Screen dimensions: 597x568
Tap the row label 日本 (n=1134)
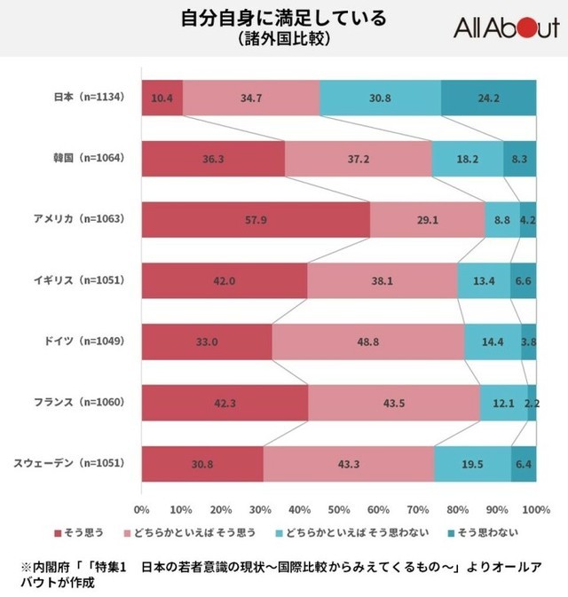tap(87, 97)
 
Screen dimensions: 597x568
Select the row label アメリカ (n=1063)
tap(81, 218)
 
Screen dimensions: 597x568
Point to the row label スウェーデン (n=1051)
tap(71, 463)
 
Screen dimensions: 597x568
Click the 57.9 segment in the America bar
tap(256, 219)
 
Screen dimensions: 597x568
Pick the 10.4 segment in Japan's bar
tap(162, 98)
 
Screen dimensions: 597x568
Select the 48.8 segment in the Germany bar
tap(368, 342)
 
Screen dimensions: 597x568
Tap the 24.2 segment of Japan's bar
tap(489, 98)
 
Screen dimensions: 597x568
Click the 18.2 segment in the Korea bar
tap(467, 158)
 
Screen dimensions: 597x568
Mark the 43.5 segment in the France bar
tap(394, 403)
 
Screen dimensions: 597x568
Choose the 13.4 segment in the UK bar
tap(484, 280)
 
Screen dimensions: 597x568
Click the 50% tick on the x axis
tap(338, 510)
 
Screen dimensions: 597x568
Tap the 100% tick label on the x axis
tap(535, 510)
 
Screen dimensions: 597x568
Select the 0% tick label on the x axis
tap(141, 510)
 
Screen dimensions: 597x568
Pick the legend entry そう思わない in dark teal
tap(484, 532)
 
